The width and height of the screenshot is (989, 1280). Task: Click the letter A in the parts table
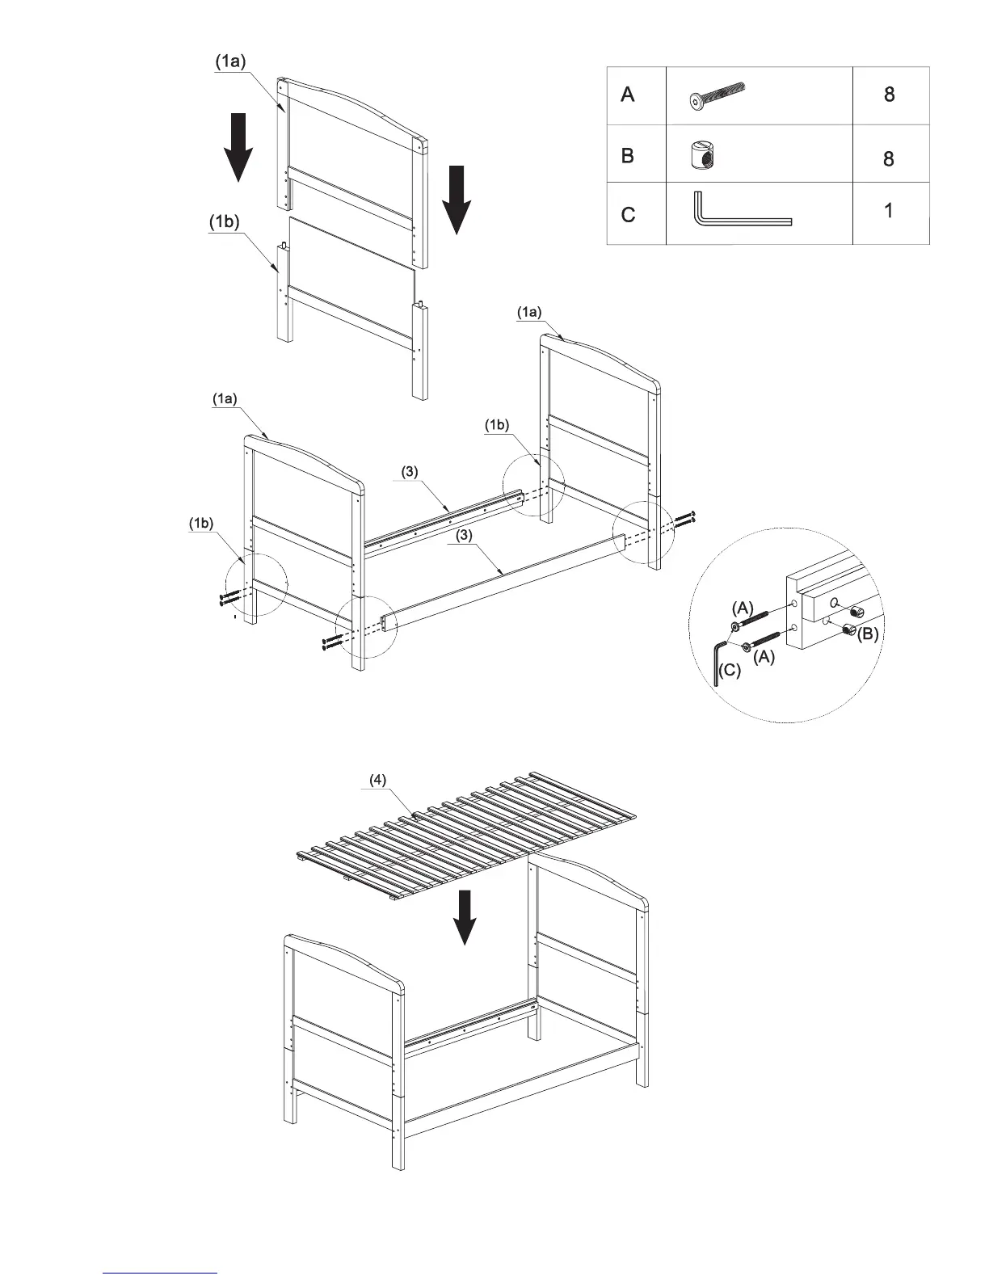click(628, 95)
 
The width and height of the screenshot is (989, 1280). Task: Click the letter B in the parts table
click(628, 156)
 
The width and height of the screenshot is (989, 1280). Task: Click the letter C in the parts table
click(628, 215)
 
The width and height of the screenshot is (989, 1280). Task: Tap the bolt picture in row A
click(718, 95)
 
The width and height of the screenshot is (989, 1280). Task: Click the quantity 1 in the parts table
click(889, 212)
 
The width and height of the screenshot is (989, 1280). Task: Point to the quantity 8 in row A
click(889, 95)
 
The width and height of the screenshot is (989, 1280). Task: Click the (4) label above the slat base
click(378, 780)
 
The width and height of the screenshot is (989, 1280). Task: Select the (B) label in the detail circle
click(867, 635)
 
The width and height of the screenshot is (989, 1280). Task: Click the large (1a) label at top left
click(229, 61)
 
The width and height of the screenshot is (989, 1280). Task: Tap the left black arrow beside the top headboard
click(238, 147)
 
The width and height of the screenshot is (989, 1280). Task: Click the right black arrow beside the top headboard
click(457, 199)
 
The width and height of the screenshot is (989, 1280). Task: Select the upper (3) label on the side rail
click(410, 472)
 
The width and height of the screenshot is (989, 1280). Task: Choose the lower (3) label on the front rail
click(465, 535)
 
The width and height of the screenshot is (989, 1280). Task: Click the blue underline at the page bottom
click(161, 1273)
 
